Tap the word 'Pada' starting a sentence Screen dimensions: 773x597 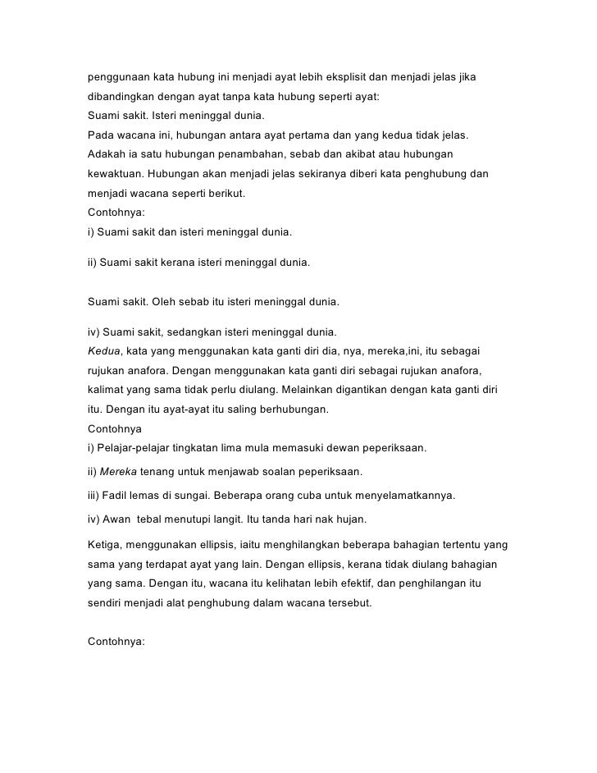(x=101, y=135)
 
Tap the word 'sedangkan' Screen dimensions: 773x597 (x=190, y=333)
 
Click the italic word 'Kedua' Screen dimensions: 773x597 (x=103, y=351)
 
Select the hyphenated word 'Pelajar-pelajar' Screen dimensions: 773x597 (x=135, y=448)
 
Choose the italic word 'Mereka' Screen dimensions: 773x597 (x=119, y=473)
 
